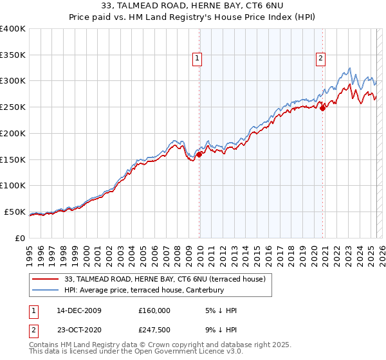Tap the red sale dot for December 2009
click(x=199, y=154)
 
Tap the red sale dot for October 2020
click(x=323, y=108)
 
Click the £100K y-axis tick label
click(x=13, y=185)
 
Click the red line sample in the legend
click(x=45, y=279)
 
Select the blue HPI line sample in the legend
click(x=45, y=290)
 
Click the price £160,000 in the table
click(x=154, y=310)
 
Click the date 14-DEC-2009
click(x=79, y=310)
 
